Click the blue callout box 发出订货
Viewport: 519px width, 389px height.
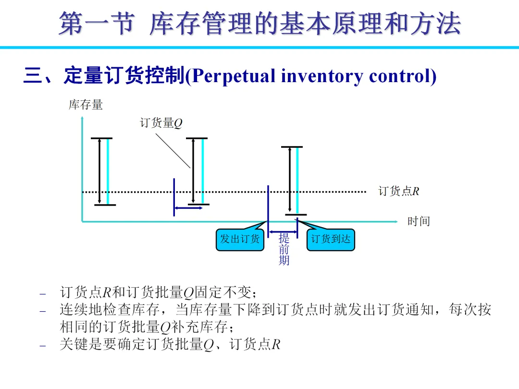tap(240, 239)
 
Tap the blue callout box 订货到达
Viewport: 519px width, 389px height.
tap(331, 239)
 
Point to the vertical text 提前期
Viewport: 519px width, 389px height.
tap(284, 249)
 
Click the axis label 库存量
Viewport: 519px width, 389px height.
tap(86, 105)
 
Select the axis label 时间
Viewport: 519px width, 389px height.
tap(419, 221)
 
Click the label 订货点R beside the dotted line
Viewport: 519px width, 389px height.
tap(399, 191)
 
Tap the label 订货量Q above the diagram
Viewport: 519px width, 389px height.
tap(161, 123)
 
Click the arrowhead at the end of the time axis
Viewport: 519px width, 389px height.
tap(396, 221)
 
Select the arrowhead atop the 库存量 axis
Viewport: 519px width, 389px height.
tap(82, 119)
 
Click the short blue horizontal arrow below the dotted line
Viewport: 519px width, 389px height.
tap(188, 208)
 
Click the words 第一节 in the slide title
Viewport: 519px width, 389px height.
tap(95, 24)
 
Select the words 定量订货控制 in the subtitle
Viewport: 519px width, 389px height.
tap(124, 76)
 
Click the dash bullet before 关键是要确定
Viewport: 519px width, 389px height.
tap(43, 345)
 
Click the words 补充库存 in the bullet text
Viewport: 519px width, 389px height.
tap(199, 327)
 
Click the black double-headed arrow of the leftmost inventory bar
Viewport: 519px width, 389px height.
tap(99, 171)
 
